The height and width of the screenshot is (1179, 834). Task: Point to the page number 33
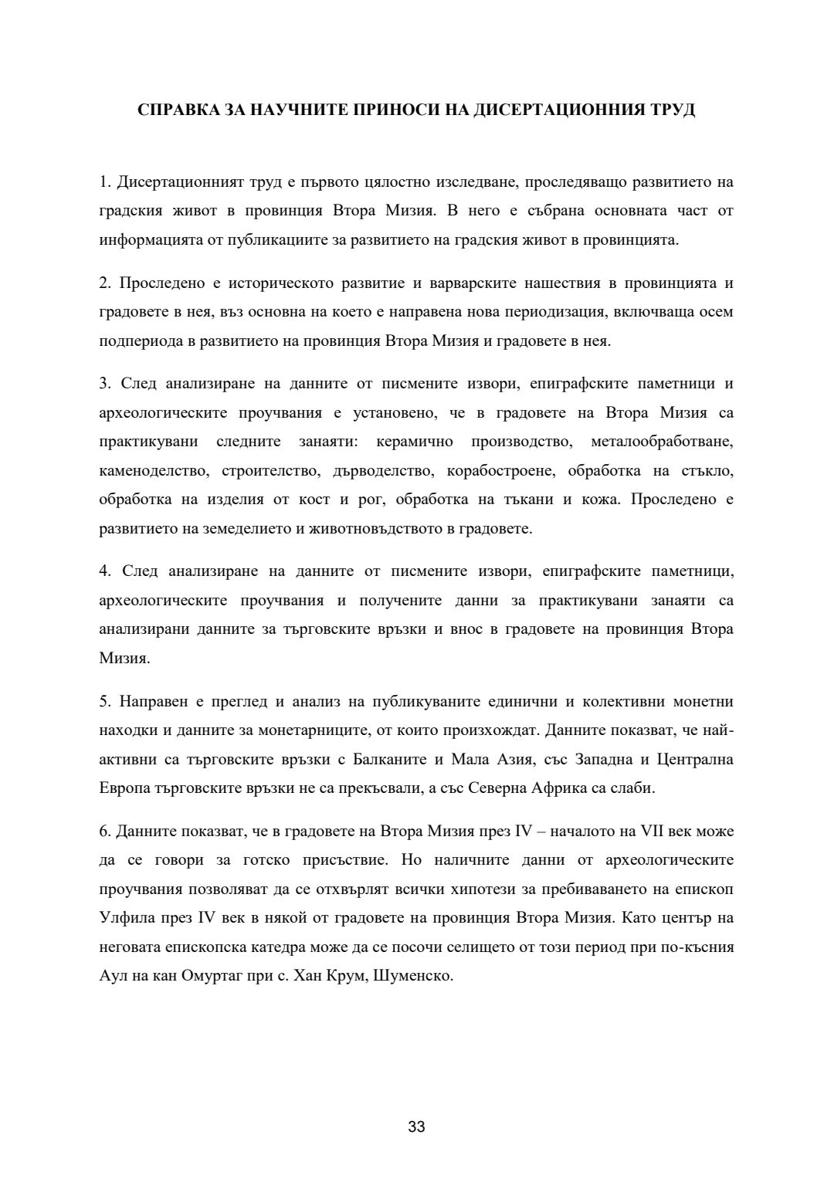point(417,1126)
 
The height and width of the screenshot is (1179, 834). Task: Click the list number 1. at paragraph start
point(105,182)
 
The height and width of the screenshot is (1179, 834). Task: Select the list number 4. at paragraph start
point(105,571)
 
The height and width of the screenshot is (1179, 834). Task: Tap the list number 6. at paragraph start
point(105,832)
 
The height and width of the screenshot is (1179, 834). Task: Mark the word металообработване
point(662,442)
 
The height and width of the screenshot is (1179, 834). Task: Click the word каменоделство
point(154,470)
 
